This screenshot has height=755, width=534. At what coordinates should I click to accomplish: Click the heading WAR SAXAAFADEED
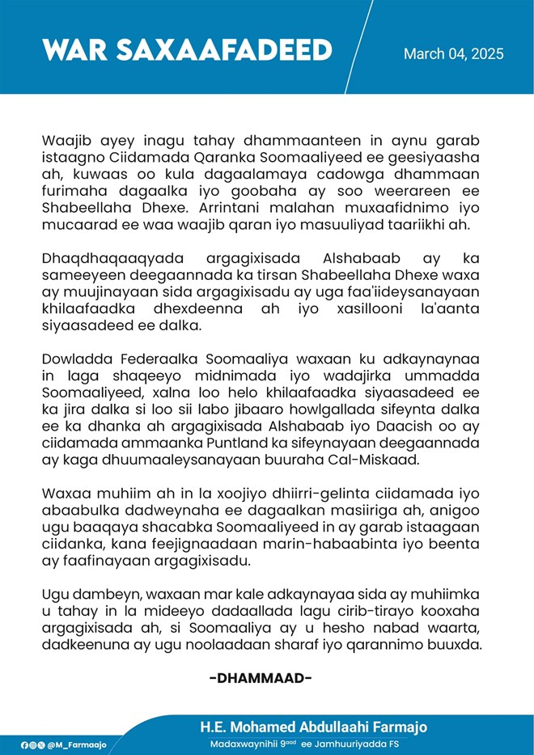(x=187, y=50)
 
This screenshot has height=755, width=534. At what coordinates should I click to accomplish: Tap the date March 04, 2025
(x=453, y=54)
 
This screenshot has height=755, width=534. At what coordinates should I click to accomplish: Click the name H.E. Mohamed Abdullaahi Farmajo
(x=313, y=726)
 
